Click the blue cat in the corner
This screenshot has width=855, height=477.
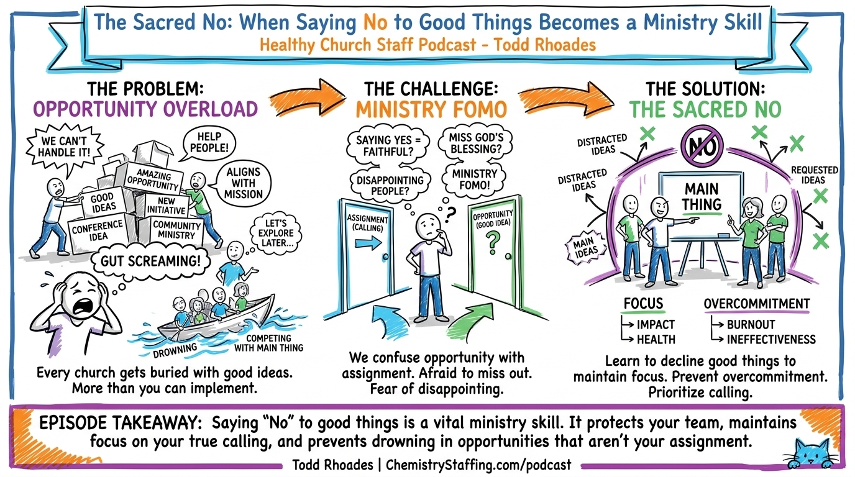pos(811,455)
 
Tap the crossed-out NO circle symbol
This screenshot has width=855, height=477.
pos(702,146)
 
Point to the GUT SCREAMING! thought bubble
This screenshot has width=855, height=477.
pos(150,261)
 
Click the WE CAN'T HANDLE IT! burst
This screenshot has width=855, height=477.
pos(64,148)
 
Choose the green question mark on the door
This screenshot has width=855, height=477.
pos(493,243)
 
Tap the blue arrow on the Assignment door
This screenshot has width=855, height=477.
pos(368,243)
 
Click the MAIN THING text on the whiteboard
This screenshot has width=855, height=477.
pos(702,197)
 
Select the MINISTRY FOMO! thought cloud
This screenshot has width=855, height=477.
pos(475,179)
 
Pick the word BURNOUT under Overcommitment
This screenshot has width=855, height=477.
pos(751,324)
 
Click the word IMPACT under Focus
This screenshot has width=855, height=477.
pos(656,324)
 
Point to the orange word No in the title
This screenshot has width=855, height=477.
pos(375,22)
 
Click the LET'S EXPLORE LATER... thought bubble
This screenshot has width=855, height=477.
pos(276,233)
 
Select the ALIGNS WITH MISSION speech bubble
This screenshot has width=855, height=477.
pos(243,184)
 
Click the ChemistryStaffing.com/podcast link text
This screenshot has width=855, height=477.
pos(478,465)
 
